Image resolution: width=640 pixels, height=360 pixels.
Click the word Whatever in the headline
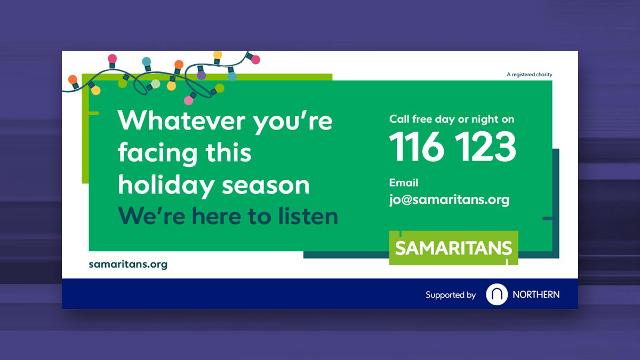pos(181,121)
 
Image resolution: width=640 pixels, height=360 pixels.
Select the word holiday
pos(166,186)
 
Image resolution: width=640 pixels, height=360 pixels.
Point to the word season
pos(266,186)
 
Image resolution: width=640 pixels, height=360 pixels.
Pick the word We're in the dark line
pos(151,216)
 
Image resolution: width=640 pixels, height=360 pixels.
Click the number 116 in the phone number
pos(417,146)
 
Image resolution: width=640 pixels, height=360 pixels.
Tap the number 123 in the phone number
pos(485,146)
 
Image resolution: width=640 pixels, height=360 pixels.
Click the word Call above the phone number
pos(399,119)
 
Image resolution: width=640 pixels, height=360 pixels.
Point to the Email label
pos(403,182)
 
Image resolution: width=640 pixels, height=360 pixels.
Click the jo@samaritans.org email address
pos(449,199)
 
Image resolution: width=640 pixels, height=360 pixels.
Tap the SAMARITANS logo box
pos(453,247)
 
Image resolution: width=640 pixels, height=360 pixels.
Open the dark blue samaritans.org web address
pos(128,265)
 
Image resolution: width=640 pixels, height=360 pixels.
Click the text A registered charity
pos(530,75)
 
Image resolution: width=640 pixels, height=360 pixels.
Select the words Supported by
pos(451,295)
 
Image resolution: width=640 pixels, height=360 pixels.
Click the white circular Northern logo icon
pos(497,294)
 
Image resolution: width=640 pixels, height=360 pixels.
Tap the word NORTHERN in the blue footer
pos(536,294)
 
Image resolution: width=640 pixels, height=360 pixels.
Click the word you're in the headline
pos(293,122)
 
